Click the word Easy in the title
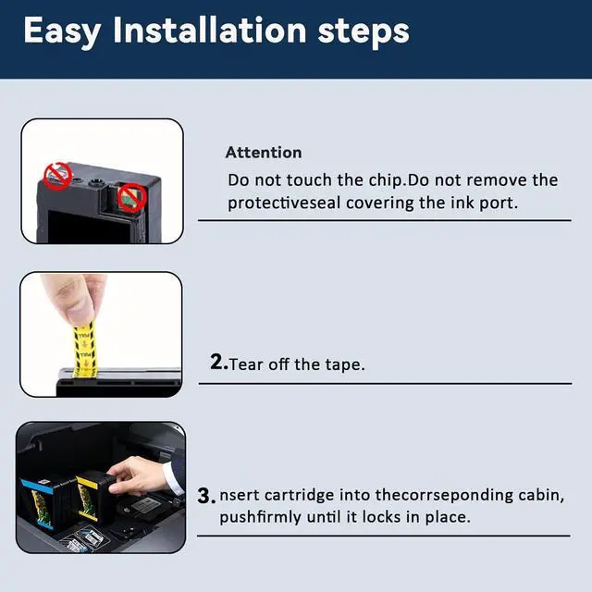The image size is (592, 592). click(x=62, y=31)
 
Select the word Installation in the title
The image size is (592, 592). click(x=210, y=30)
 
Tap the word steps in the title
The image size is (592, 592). click(x=364, y=31)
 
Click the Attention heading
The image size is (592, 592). click(x=264, y=153)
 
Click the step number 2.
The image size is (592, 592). click(x=218, y=362)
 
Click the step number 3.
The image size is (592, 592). click(x=205, y=496)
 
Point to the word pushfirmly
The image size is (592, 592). click(x=261, y=517)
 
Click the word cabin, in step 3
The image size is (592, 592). click(x=541, y=495)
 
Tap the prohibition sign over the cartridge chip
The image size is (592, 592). click(x=131, y=197)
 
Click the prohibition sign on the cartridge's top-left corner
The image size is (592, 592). click(x=57, y=177)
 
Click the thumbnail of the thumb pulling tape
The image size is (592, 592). click(x=101, y=335)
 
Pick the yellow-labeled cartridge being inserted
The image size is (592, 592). click(x=94, y=496)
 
